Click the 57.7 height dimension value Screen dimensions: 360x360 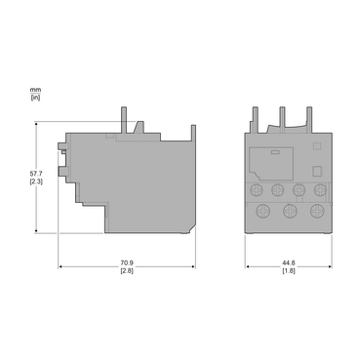[36, 174]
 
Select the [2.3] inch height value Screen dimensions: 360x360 [36, 181]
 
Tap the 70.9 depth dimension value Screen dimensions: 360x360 [127, 262]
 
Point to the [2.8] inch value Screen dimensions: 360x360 [127, 270]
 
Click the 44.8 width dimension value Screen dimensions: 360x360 [289, 262]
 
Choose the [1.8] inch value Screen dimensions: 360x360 [289, 270]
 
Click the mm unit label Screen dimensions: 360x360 [36, 90]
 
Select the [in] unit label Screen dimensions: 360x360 [36, 97]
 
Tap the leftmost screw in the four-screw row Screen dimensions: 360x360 [256, 189]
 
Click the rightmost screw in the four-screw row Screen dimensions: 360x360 [320, 189]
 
